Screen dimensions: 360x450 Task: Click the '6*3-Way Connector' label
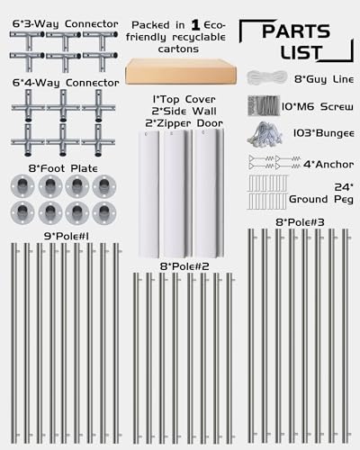pyautogui.click(x=66, y=24)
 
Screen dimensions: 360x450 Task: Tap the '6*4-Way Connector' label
pyautogui.click(x=66, y=83)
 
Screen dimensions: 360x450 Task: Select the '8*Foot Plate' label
pyautogui.click(x=63, y=168)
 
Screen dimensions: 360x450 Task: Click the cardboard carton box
pyautogui.click(x=181, y=71)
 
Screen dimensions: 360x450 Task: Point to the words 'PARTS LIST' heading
pyautogui.click(x=296, y=42)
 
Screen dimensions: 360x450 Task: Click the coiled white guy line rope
pyautogui.click(x=267, y=78)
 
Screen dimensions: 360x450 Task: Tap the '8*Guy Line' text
pyautogui.click(x=324, y=79)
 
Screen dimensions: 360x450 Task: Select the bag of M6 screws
pyautogui.click(x=264, y=105)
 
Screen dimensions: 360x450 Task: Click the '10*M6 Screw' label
pyautogui.click(x=318, y=106)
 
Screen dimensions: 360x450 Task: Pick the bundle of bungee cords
pyautogui.click(x=265, y=133)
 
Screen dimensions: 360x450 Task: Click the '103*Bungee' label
pyautogui.click(x=324, y=133)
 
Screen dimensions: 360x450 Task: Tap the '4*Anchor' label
pyautogui.click(x=328, y=165)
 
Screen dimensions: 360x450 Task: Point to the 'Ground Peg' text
pyautogui.click(x=321, y=199)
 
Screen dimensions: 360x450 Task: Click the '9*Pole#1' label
pyautogui.click(x=67, y=237)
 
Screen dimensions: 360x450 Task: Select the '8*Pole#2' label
pyautogui.click(x=184, y=266)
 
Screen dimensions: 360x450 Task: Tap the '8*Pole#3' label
pyautogui.click(x=300, y=222)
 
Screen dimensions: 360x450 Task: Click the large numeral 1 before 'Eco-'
pyautogui.click(x=195, y=25)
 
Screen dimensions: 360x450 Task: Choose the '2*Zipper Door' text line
pyautogui.click(x=184, y=123)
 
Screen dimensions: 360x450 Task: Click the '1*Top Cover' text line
pyautogui.click(x=184, y=99)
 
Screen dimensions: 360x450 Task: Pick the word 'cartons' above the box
pyautogui.click(x=178, y=49)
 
